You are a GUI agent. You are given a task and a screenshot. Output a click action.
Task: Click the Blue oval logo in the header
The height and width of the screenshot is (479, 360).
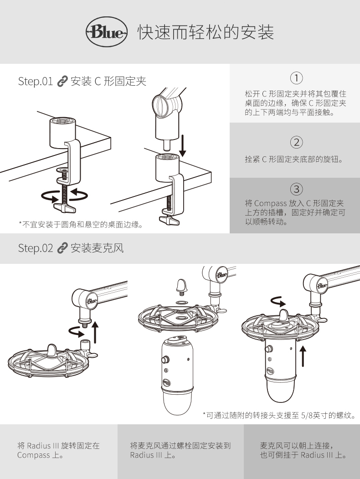105,32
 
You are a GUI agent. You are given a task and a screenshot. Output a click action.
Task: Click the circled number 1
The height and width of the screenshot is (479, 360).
297,77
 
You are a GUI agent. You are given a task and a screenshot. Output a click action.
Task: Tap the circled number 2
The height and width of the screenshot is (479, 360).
297,142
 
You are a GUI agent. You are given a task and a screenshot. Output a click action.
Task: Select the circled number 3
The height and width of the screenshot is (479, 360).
297,188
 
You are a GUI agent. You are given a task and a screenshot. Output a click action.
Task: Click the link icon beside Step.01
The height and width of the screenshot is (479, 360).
62,82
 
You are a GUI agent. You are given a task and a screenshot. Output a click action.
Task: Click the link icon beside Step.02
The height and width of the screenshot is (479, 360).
62,248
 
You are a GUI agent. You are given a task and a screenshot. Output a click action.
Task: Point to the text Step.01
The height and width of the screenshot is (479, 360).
36,82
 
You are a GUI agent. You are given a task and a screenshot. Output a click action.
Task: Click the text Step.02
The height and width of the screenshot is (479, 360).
36,248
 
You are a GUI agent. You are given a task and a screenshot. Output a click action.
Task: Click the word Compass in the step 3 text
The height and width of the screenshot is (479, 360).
271,203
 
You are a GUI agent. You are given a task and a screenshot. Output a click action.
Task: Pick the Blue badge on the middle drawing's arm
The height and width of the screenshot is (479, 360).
221,275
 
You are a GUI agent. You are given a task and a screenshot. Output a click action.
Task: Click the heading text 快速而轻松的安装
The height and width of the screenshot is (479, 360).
206,32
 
